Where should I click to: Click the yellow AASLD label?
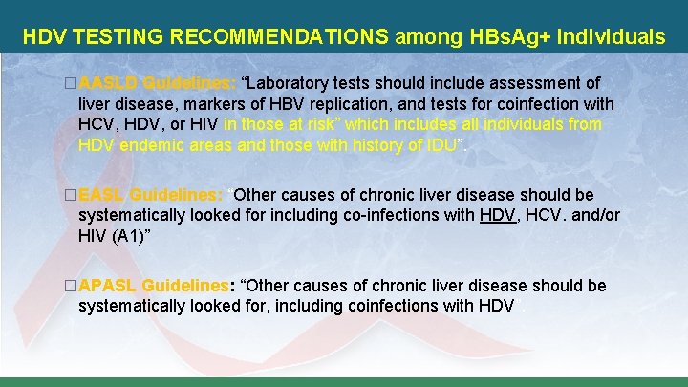109,84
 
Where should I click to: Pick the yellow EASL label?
102,195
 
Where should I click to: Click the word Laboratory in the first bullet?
291,84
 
